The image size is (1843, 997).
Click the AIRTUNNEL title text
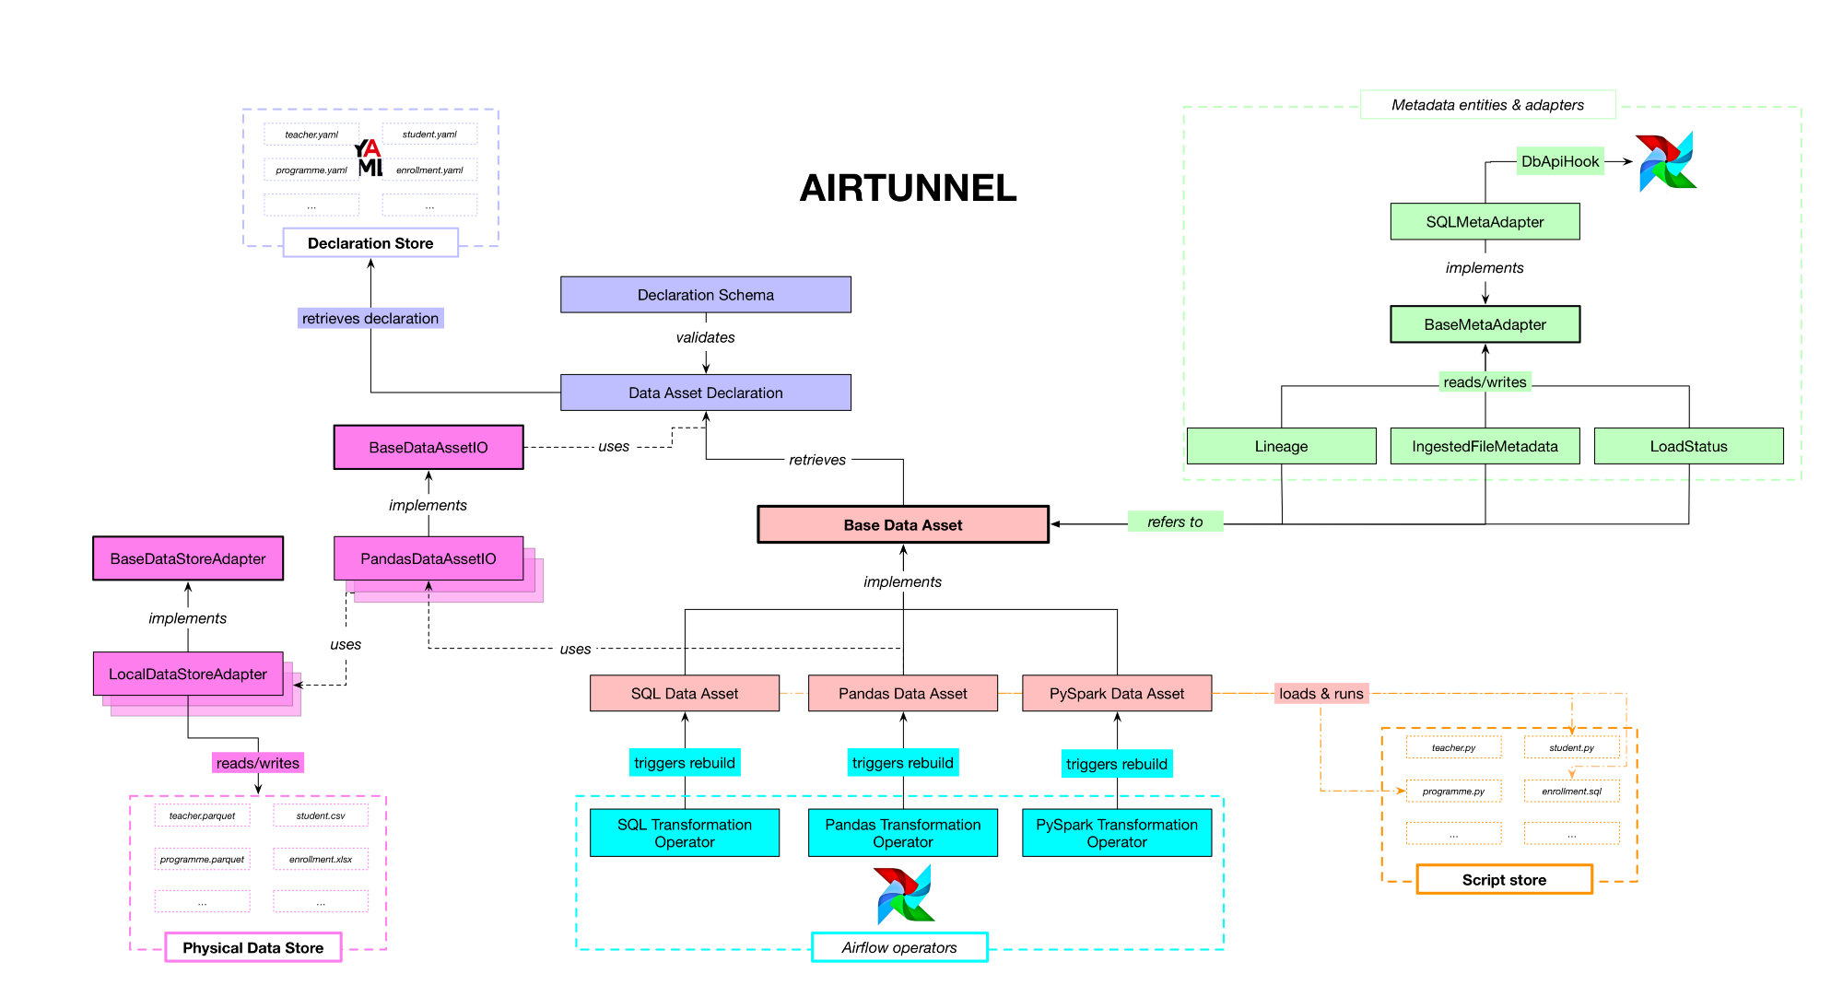[x=908, y=188]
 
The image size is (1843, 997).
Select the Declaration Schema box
[x=705, y=295]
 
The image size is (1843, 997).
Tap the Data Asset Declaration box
[x=705, y=393]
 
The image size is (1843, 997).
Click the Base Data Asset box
[x=902, y=525]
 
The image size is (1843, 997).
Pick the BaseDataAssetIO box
[x=428, y=448]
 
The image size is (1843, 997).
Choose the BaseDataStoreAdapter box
[x=188, y=558]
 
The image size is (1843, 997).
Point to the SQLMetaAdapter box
[x=1485, y=222]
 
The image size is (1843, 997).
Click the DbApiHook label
[x=1559, y=161]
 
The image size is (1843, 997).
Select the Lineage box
[x=1281, y=446]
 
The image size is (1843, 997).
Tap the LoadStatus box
[x=1688, y=446]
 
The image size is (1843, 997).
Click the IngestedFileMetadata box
[x=1485, y=446]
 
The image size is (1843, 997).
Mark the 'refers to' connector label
[x=1175, y=522]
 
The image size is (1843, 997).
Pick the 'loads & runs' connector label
[x=1321, y=694]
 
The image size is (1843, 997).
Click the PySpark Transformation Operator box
[x=1117, y=833]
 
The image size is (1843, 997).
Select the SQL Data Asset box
[x=685, y=694]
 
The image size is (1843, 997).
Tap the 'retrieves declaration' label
[x=370, y=319]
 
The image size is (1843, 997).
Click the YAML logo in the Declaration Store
[x=370, y=158]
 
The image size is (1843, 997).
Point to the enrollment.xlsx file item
[x=321, y=860]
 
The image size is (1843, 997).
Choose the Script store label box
[x=1504, y=880]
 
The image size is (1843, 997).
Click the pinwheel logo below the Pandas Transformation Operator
[x=904, y=894]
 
